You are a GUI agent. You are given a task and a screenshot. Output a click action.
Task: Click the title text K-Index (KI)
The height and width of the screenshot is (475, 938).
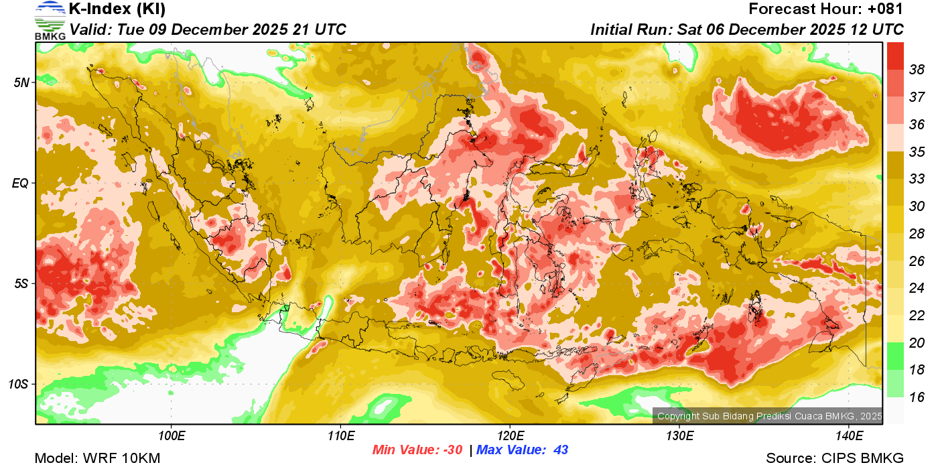(x=117, y=9)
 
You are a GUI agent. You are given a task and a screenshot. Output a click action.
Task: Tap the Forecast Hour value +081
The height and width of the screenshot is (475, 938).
(x=886, y=9)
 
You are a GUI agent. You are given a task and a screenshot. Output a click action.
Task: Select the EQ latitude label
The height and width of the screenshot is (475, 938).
(x=21, y=183)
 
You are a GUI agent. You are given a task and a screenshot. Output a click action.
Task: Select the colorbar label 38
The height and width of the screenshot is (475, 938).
(x=917, y=69)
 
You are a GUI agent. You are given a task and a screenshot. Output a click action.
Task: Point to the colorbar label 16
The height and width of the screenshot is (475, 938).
(x=917, y=397)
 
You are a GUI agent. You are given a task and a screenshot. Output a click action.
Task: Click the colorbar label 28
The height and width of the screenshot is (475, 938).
(x=917, y=234)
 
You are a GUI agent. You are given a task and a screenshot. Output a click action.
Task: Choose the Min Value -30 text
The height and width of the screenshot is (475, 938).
(x=417, y=450)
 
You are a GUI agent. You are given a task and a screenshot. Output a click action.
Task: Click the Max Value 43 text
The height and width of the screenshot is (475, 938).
(x=522, y=450)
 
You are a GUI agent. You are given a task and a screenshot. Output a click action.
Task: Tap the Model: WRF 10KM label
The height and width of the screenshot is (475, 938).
(x=97, y=459)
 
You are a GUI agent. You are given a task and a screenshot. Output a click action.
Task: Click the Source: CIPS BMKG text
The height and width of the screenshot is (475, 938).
(x=835, y=459)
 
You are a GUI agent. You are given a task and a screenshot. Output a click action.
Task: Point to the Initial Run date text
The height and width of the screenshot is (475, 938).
(x=747, y=29)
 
